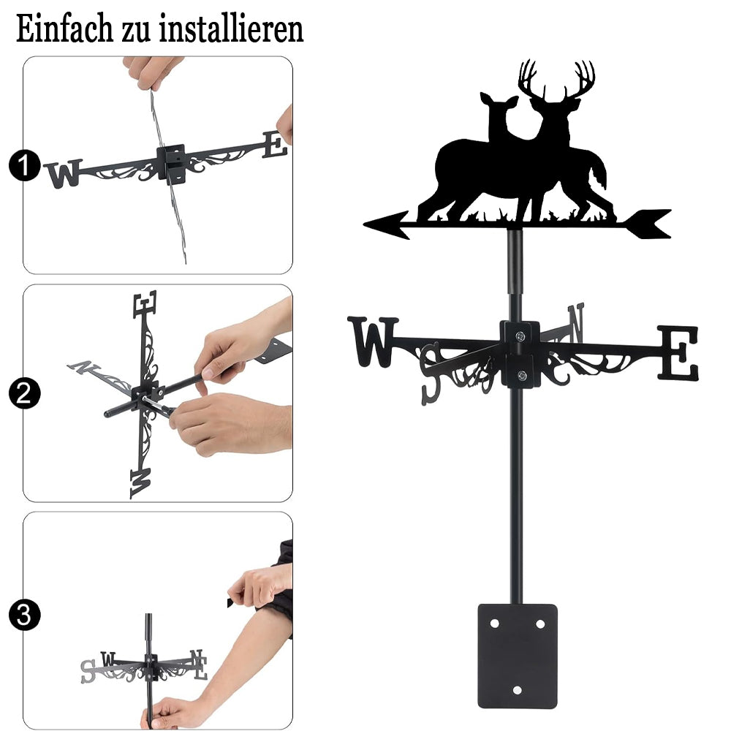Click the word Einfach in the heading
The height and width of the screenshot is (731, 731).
tap(64, 29)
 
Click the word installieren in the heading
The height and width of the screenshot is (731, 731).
tap(231, 29)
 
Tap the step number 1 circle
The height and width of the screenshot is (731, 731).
tap(24, 165)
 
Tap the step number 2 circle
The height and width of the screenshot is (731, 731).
tap(24, 393)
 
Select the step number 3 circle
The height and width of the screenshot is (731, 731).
tap(24, 615)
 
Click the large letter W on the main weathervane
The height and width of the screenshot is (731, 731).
tap(373, 341)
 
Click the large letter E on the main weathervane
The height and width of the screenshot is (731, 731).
tap(678, 353)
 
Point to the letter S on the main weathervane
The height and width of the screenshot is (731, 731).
tap(430, 373)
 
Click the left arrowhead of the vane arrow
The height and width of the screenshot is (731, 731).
tap(386, 224)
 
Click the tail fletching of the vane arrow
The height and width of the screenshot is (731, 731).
tap(647, 224)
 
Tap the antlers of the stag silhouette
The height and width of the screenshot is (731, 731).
tap(556, 78)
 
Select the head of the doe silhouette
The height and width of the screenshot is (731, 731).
tap(498, 105)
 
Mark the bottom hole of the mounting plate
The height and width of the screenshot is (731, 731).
tap(517, 690)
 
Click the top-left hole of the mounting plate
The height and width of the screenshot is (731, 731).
tap(494, 624)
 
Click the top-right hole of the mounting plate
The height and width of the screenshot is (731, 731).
tap(540, 624)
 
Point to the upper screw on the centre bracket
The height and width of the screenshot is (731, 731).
tap(520, 336)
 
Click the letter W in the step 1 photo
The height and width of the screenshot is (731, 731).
tap(64, 173)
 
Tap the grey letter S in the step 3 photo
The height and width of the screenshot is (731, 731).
tap(88, 671)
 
